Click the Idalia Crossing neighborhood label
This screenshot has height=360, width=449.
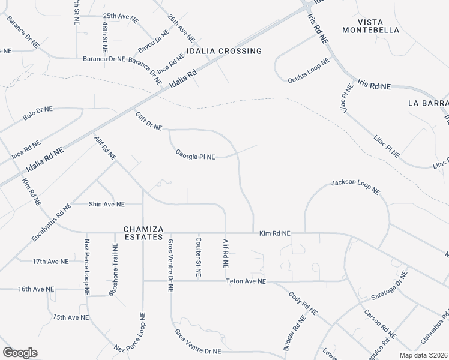(x=224, y=52)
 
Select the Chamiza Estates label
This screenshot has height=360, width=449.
(x=143, y=233)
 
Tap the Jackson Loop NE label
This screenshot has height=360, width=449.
(x=356, y=187)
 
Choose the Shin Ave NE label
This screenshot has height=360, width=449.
(x=107, y=204)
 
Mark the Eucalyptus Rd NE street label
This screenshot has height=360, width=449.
(x=52, y=222)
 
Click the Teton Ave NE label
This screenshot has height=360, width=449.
(x=246, y=281)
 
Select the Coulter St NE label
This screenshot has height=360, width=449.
(x=197, y=257)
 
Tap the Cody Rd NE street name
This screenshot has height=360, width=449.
(x=303, y=304)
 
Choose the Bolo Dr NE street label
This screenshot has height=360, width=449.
(x=38, y=113)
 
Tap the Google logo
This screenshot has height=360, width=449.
(x=20, y=352)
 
